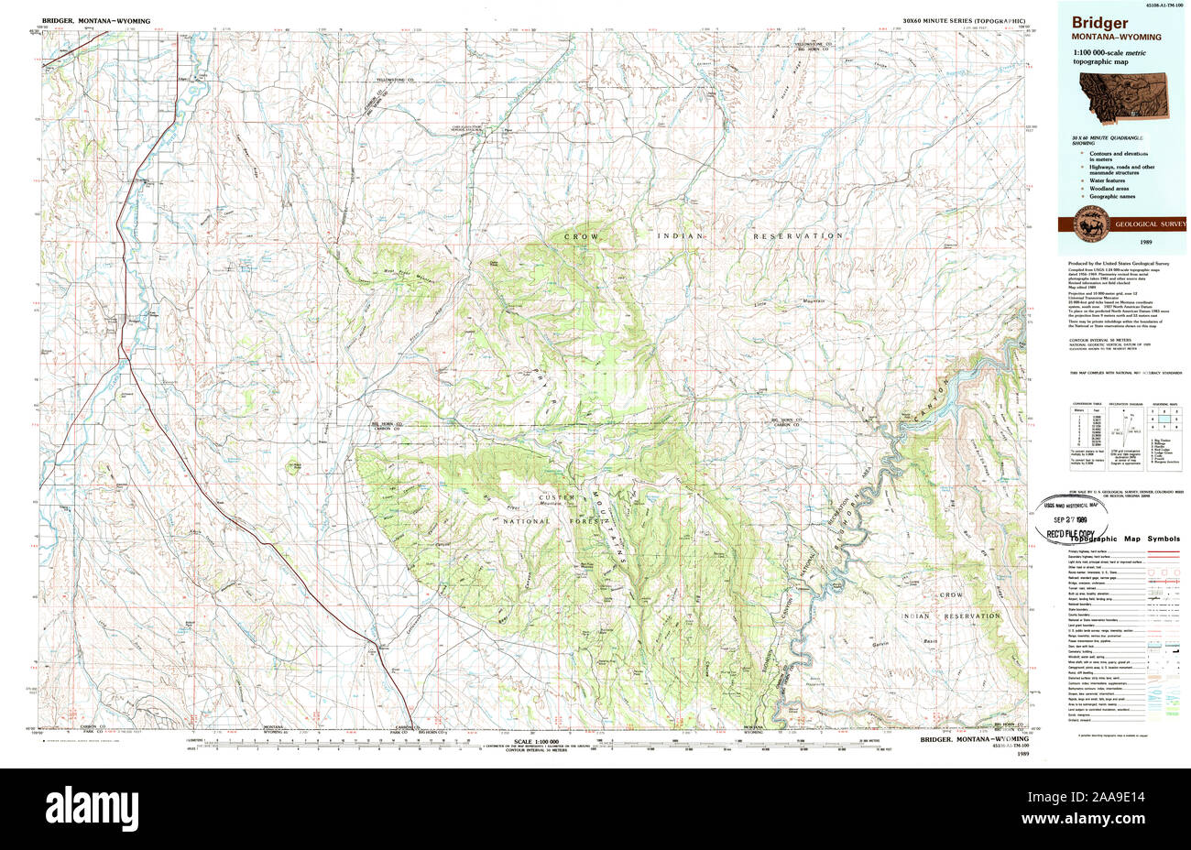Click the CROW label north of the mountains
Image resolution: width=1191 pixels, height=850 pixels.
click(582, 236)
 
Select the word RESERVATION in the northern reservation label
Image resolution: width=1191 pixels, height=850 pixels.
click(798, 236)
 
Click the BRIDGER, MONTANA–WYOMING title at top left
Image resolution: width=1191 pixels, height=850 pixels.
click(96, 20)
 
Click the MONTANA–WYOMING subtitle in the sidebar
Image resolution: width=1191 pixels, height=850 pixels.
click(1109, 38)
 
